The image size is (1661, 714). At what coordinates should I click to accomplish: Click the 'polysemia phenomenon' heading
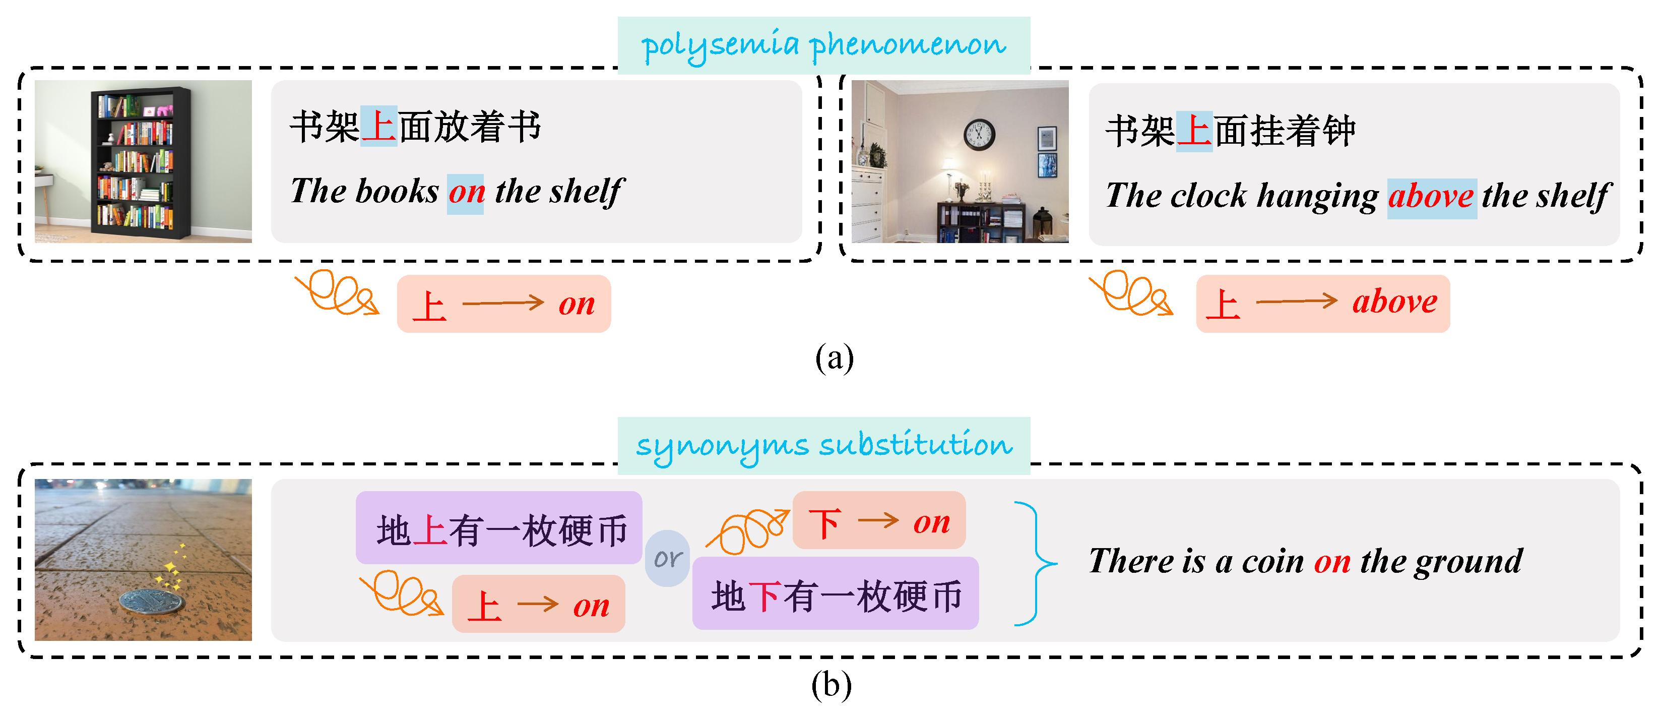coord(823,45)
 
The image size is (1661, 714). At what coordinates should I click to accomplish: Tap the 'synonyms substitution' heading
coord(823,445)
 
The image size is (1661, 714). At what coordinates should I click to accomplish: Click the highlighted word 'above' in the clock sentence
coord(1431,196)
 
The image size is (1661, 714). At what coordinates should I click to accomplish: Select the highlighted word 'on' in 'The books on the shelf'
coord(466,192)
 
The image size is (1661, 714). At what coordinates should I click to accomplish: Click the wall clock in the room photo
coord(978,134)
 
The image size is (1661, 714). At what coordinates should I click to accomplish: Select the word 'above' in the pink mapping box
coord(1395,302)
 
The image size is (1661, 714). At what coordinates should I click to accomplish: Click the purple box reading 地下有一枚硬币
coord(835,594)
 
